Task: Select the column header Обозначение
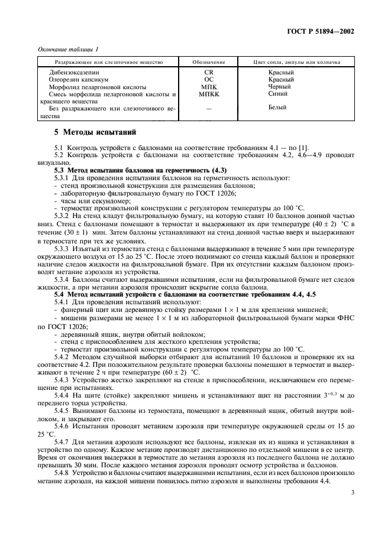point(208,62)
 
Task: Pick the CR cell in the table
point(208,72)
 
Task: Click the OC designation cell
point(208,79)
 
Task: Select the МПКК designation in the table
point(208,93)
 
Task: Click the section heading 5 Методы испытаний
point(95,132)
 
